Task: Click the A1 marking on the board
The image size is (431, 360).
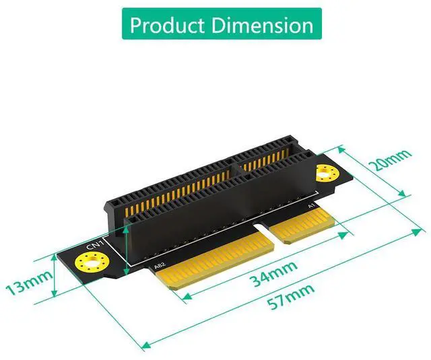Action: coord(311,206)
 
